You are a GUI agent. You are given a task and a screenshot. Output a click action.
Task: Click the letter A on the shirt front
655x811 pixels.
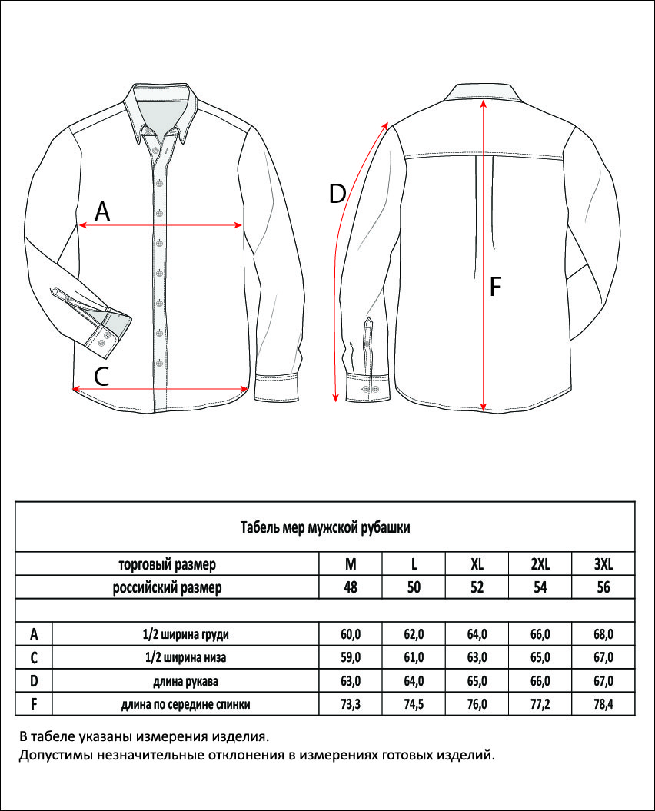tap(102, 211)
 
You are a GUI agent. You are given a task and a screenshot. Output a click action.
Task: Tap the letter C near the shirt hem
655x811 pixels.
tap(101, 376)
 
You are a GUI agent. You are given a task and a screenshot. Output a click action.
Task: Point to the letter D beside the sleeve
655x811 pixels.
tap(337, 194)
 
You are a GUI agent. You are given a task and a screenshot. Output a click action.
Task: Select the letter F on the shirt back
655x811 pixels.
tap(495, 287)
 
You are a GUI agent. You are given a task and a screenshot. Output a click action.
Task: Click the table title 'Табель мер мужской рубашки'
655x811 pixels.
tap(325, 527)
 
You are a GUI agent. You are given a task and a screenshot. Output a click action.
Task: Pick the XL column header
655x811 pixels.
tap(477, 563)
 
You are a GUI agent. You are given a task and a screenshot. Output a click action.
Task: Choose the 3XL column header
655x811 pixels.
tap(603, 563)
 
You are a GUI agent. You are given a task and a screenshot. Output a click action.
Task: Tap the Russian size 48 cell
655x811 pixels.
tap(351, 587)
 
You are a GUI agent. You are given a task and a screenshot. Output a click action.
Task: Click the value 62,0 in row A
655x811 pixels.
tap(414, 633)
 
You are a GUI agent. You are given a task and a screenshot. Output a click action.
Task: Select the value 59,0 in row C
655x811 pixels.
tap(351, 657)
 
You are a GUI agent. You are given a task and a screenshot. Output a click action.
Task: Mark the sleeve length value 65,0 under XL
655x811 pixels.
tap(477, 680)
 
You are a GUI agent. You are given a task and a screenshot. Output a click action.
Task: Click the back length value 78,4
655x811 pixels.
tap(603, 704)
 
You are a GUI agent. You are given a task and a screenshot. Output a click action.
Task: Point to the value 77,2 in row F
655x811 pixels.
tap(540, 704)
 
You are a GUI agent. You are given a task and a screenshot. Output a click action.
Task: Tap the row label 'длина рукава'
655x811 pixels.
tap(186, 681)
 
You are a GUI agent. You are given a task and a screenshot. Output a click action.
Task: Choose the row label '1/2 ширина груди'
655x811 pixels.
tap(186, 634)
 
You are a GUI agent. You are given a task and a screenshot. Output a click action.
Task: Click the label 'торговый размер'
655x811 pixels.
tap(167, 564)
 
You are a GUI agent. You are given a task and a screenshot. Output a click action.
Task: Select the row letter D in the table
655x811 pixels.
tap(34, 680)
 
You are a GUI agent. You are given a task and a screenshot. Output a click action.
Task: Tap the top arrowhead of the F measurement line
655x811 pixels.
tap(484, 104)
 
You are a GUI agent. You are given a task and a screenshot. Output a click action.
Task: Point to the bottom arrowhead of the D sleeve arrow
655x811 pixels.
tap(335, 397)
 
